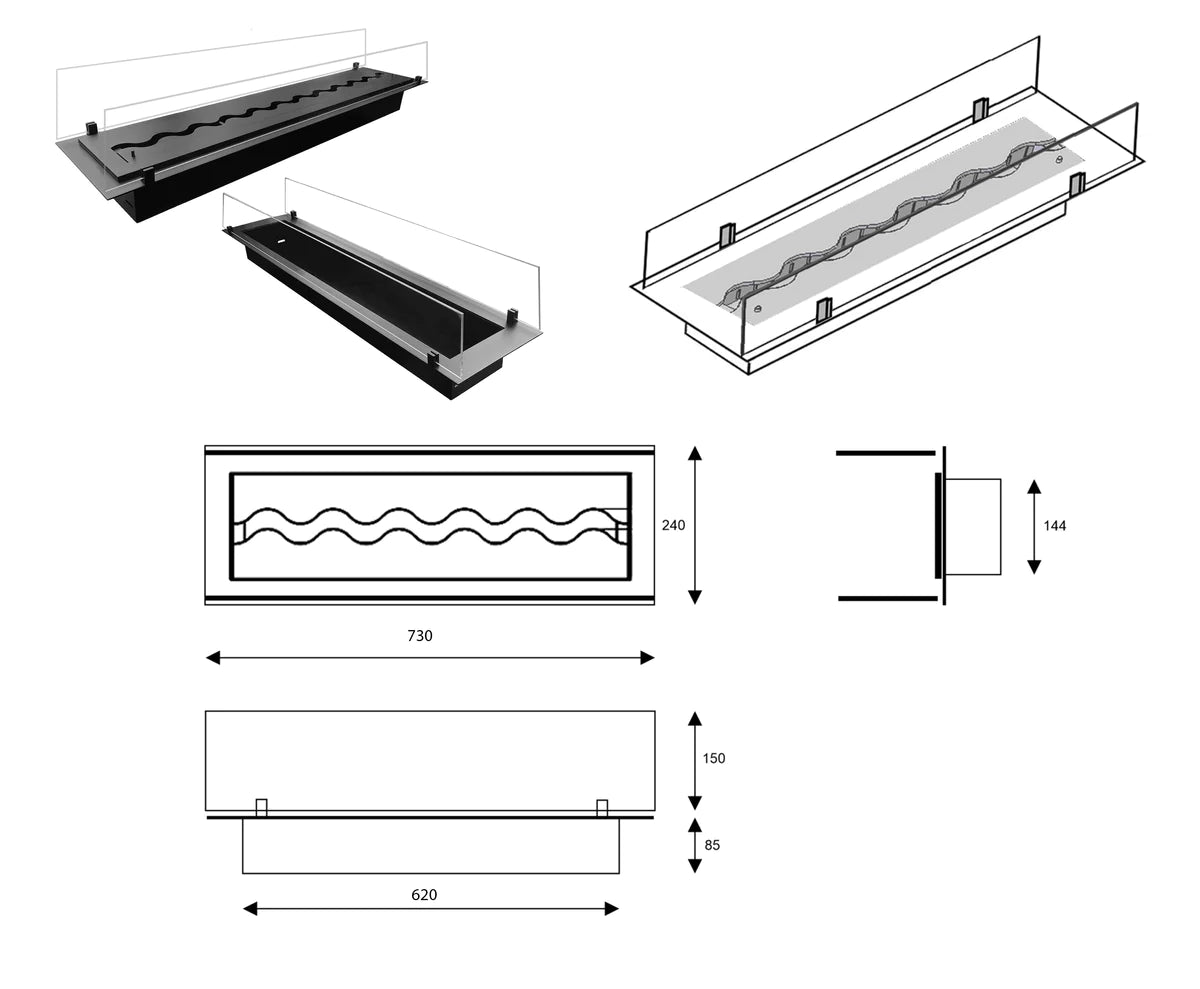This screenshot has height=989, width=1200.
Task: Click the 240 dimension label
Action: (x=673, y=525)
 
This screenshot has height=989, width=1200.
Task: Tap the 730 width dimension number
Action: (x=420, y=636)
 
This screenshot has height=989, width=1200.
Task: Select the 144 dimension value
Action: (x=1054, y=526)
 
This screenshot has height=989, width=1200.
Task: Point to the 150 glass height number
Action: (x=714, y=758)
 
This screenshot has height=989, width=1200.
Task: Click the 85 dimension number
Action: (x=711, y=845)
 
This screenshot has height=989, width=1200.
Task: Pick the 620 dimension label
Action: (x=424, y=895)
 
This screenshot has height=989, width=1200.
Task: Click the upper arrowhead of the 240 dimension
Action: (x=695, y=453)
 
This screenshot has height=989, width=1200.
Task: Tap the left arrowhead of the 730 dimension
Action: (x=212, y=657)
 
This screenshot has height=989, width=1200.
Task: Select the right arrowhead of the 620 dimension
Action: (x=612, y=908)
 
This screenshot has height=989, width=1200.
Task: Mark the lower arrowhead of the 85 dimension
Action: (x=695, y=866)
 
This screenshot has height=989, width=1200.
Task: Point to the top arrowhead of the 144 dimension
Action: (x=1034, y=486)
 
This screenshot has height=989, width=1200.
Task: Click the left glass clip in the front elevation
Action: (x=262, y=807)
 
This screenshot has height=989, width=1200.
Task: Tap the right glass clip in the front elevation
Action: (x=602, y=807)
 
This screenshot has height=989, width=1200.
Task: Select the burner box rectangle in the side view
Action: (x=972, y=526)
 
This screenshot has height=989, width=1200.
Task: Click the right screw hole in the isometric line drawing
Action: (x=1058, y=158)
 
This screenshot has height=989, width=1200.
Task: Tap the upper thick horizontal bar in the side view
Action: (x=885, y=453)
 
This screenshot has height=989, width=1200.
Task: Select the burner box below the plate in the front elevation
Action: (x=430, y=846)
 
